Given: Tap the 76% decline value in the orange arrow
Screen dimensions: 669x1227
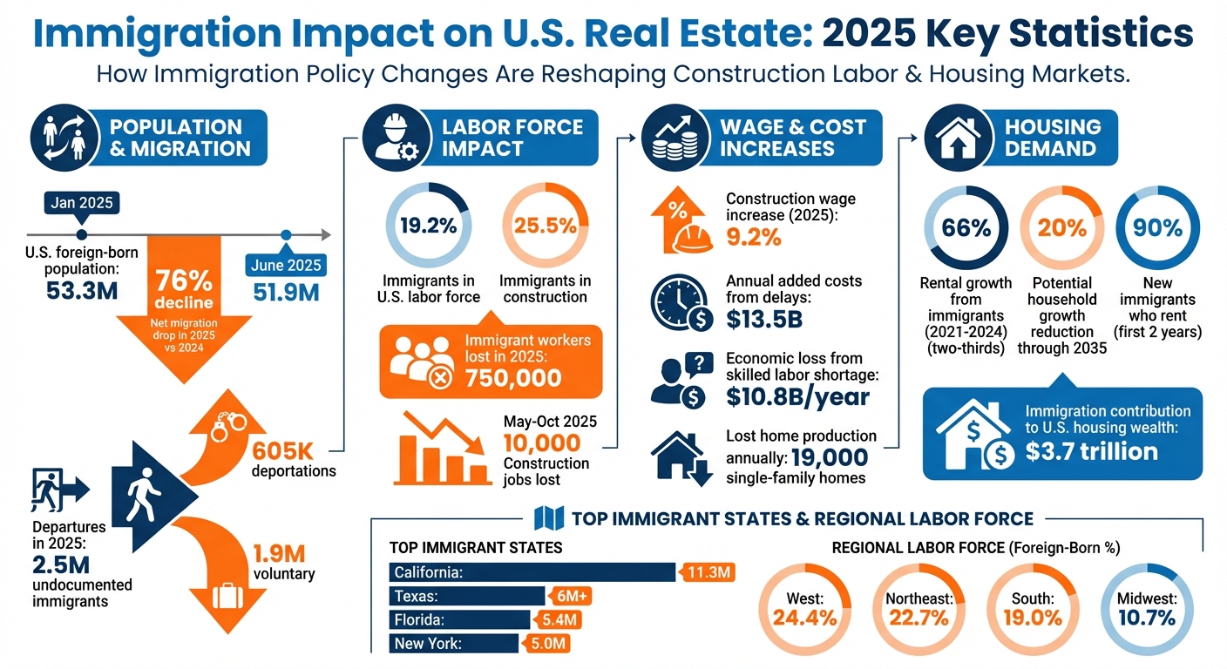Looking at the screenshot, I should click(184, 281).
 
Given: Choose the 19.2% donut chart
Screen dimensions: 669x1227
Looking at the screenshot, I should click(429, 226).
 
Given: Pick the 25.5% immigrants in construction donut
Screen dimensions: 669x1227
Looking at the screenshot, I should click(545, 226).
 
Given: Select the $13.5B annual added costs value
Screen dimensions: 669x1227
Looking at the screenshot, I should click(764, 320).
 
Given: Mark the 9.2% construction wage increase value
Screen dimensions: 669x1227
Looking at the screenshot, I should click(754, 236).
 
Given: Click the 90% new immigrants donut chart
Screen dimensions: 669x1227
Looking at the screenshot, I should click(1158, 228).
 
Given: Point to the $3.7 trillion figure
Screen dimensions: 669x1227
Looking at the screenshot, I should click(1092, 451).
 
